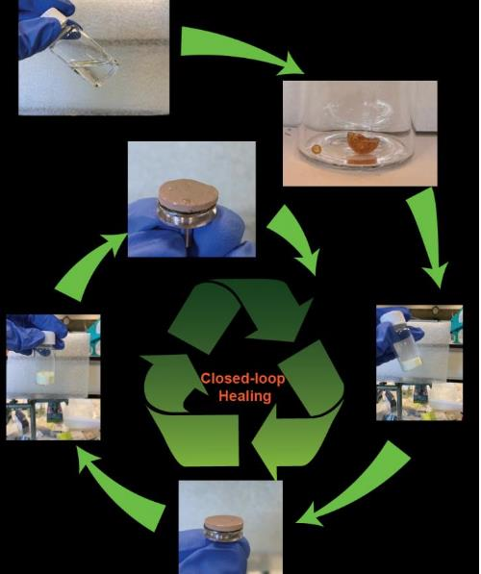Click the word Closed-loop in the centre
click(242, 378)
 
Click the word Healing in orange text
click(244, 396)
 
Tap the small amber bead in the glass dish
click(316, 149)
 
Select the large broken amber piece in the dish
click(362, 142)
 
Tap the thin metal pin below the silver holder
click(189, 237)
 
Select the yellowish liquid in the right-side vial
click(411, 363)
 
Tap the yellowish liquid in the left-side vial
click(45, 378)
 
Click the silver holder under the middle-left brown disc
click(188, 217)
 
